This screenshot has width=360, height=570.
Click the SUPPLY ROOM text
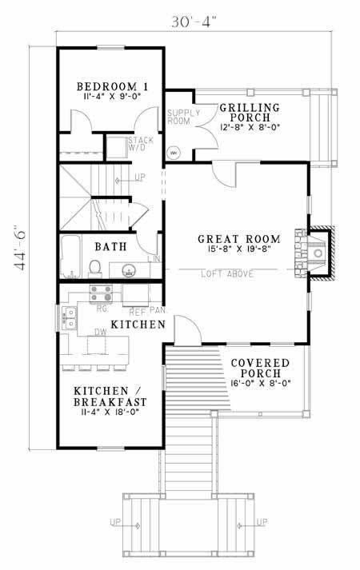click(x=178, y=118)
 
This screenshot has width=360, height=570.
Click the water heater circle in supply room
click(x=174, y=152)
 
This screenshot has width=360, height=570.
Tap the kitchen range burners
click(x=101, y=292)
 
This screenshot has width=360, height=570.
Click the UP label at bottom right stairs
click(x=262, y=523)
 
